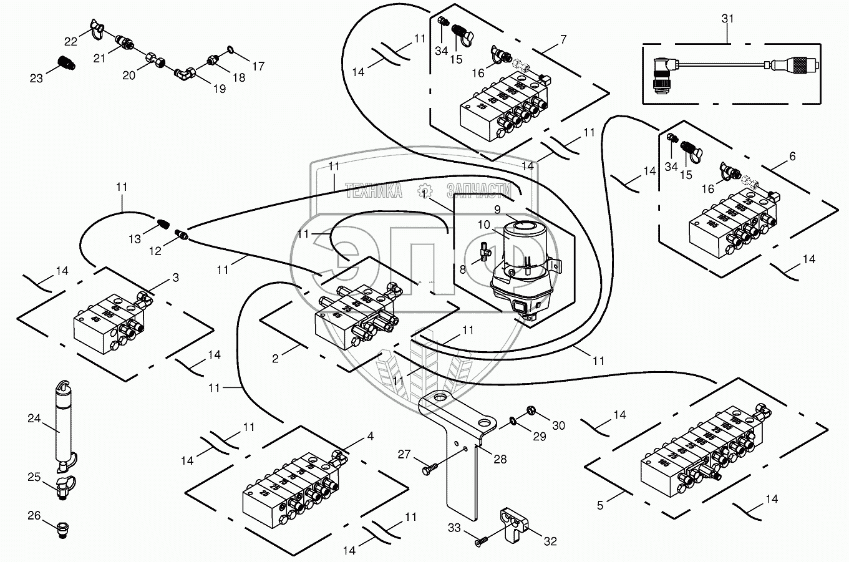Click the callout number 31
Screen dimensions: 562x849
(x=728, y=19)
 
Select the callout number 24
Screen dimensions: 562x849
(x=34, y=419)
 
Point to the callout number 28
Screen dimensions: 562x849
(x=500, y=459)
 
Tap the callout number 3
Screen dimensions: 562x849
(x=176, y=278)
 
